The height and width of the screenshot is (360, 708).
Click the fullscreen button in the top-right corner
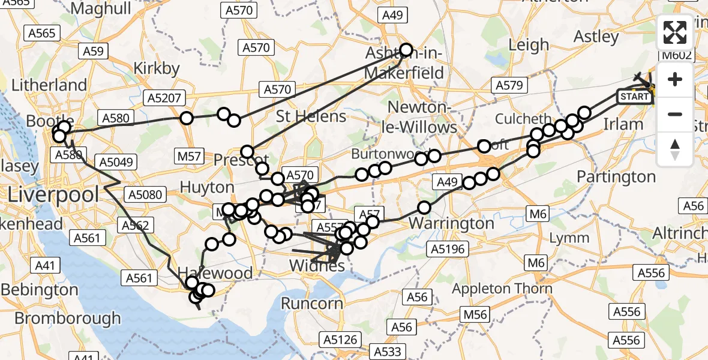click(x=675, y=33)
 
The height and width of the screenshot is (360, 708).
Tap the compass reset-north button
click(x=675, y=149)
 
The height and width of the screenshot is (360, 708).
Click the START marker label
click(x=634, y=97)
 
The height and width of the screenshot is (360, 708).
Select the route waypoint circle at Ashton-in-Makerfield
click(x=406, y=50)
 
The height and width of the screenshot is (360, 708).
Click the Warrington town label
click(x=452, y=224)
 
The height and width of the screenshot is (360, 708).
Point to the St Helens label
click(x=311, y=116)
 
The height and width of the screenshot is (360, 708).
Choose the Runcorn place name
click(x=311, y=303)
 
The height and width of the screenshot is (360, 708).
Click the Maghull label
click(x=101, y=8)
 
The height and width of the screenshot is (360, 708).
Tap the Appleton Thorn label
click(x=502, y=289)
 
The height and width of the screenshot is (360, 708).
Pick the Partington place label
click(x=616, y=176)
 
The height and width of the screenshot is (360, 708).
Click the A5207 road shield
click(x=164, y=98)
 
